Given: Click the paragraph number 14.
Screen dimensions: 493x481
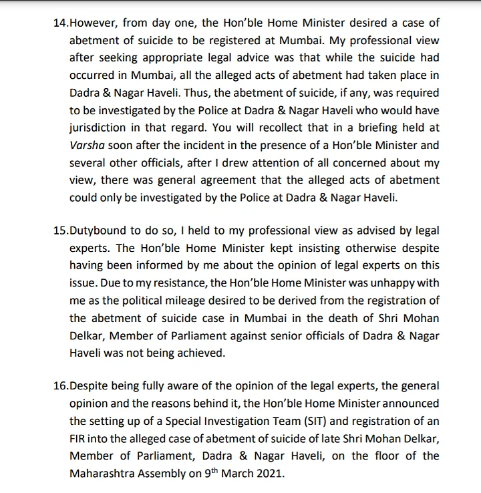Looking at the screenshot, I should click(60, 22).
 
